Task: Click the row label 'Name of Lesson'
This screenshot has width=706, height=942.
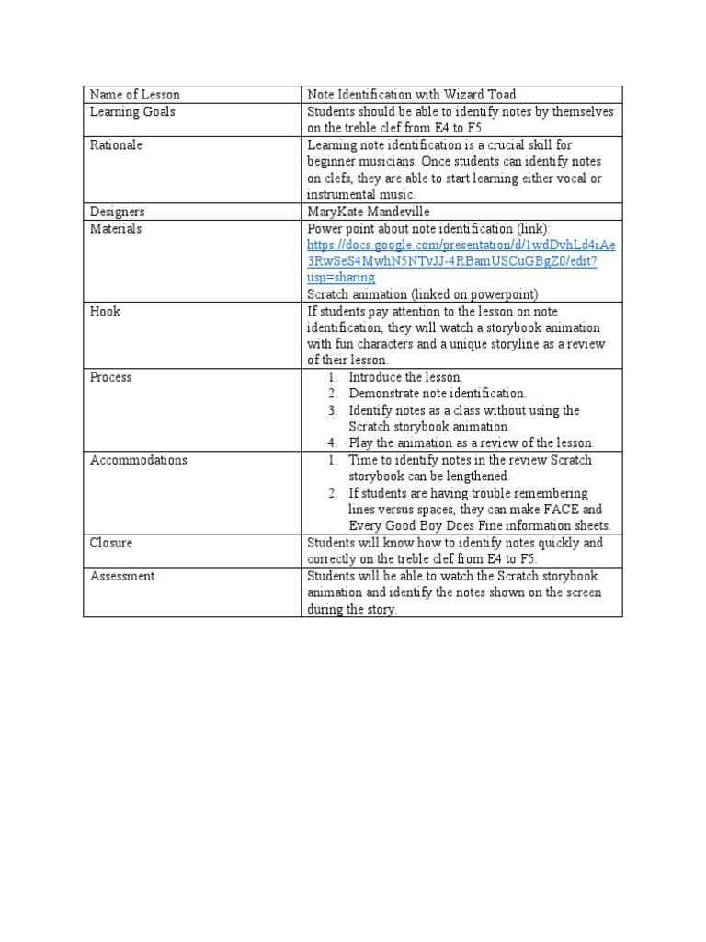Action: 135,95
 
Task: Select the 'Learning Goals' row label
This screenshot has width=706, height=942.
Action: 132,111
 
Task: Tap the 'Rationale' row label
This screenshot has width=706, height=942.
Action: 116,144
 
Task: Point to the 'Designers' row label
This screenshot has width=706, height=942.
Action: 118,212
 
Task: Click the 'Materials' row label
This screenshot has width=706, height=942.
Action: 116,228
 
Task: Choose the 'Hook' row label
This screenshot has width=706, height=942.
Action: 105,311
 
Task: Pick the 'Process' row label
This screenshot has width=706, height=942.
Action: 110,377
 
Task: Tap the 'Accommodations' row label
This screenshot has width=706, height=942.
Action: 139,460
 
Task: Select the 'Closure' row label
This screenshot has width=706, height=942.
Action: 111,543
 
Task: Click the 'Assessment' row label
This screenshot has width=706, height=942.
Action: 122,576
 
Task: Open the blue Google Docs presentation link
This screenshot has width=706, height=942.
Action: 461,261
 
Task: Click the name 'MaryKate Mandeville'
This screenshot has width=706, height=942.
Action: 369,212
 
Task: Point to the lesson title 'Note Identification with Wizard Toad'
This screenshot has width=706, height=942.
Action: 411,95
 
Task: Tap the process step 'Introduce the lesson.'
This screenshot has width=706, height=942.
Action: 405,377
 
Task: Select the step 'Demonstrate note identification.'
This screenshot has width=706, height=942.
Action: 438,394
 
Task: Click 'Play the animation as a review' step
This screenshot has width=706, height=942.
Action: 471,443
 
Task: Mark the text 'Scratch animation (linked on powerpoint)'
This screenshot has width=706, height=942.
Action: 423,294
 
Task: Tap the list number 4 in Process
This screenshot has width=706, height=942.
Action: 334,443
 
